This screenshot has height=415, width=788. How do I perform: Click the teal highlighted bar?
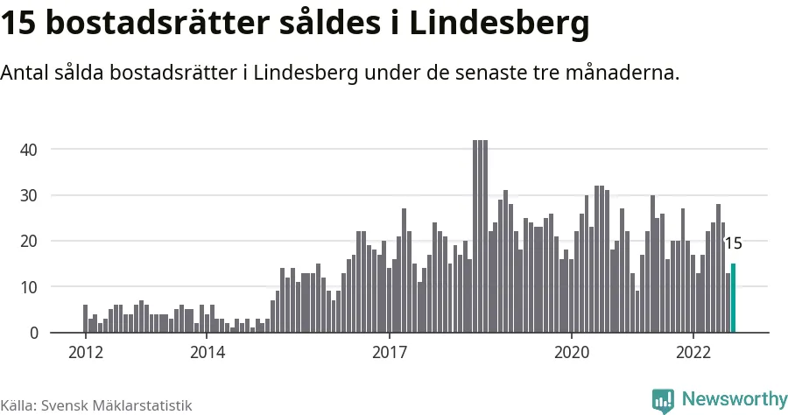click(x=733, y=299)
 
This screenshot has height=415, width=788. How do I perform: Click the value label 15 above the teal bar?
click(x=733, y=244)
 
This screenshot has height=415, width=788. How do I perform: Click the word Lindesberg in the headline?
click(x=498, y=25)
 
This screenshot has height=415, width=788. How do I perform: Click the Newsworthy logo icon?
click(x=663, y=399)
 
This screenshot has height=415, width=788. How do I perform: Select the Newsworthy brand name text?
click(x=734, y=399)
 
